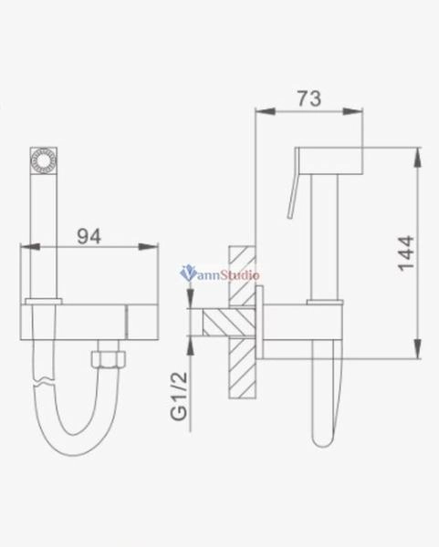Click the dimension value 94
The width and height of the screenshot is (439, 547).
[87, 235]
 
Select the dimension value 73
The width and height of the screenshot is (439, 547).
[309, 98]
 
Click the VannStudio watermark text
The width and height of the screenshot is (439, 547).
[222, 272]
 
